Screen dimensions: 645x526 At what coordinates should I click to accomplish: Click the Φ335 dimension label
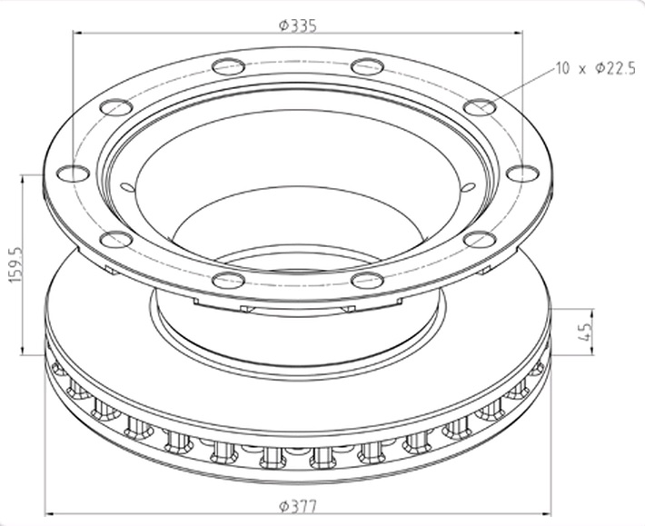click(298, 26)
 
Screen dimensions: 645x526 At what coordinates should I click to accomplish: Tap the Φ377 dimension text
click(298, 506)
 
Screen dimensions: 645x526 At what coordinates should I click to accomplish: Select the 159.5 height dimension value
click(15, 265)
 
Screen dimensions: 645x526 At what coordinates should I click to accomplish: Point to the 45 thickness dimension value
click(584, 332)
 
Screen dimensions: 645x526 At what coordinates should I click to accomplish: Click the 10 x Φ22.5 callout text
click(596, 68)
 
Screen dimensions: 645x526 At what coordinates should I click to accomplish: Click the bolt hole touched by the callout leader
click(480, 107)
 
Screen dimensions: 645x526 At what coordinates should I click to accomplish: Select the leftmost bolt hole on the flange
click(74, 174)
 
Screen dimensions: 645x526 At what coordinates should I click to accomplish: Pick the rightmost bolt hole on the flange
click(522, 174)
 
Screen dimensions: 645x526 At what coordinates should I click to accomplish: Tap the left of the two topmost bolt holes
click(229, 66)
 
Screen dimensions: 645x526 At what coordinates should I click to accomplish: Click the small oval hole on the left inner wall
click(127, 187)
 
